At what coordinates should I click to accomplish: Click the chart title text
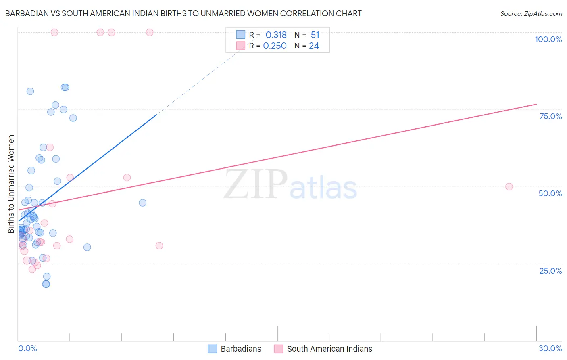[x=183, y=13]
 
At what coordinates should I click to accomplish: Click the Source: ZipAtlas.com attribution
[x=531, y=13]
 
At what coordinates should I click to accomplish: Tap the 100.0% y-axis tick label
[x=548, y=39]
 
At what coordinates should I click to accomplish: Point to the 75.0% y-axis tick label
[x=550, y=116]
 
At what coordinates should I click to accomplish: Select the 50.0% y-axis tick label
[x=550, y=193]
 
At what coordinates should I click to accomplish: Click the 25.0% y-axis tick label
[x=550, y=270]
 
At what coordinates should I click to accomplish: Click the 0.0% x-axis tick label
[x=27, y=348]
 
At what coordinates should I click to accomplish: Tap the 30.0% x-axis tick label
[x=550, y=348]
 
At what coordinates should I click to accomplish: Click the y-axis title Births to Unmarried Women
[x=11, y=184]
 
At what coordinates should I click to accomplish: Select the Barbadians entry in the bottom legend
[x=241, y=349]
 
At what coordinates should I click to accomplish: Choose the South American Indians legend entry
[x=329, y=349]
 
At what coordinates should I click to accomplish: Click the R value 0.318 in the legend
[x=276, y=35]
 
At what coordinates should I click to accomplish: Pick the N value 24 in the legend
[x=314, y=46]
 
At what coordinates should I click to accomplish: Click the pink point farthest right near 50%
[x=509, y=186]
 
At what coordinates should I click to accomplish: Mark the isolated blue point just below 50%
[x=142, y=203]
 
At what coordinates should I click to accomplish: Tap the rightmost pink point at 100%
[x=150, y=32]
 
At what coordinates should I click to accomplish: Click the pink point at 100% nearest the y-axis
[x=54, y=32]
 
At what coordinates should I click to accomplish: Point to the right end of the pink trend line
[x=536, y=104]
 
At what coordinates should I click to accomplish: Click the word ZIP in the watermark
[x=256, y=185]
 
